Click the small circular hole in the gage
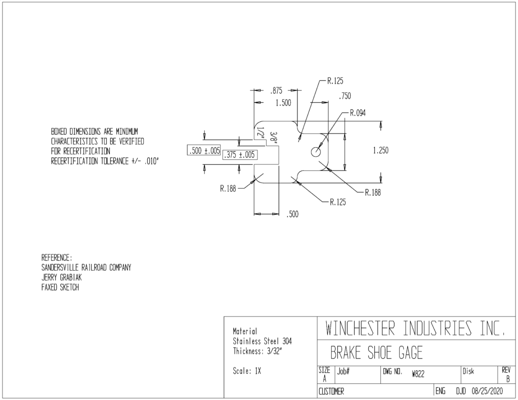[x=316, y=152]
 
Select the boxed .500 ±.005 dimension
[x=204, y=151]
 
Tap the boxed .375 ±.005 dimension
[x=240, y=155]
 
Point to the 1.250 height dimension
[x=380, y=151]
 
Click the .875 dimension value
[x=276, y=91]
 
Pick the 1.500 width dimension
[x=283, y=103]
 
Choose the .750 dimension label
[x=344, y=96]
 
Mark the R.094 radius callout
[x=358, y=113]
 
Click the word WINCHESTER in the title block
[x=360, y=328]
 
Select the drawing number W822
[x=418, y=374]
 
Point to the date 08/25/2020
[x=487, y=391]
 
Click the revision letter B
[x=508, y=379]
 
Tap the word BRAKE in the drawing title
[x=346, y=353]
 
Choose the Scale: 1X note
[x=247, y=371]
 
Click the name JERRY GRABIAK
[x=61, y=278]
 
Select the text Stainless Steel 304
[x=263, y=341]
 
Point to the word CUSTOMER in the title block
[x=331, y=391]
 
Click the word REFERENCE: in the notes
[x=57, y=257]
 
